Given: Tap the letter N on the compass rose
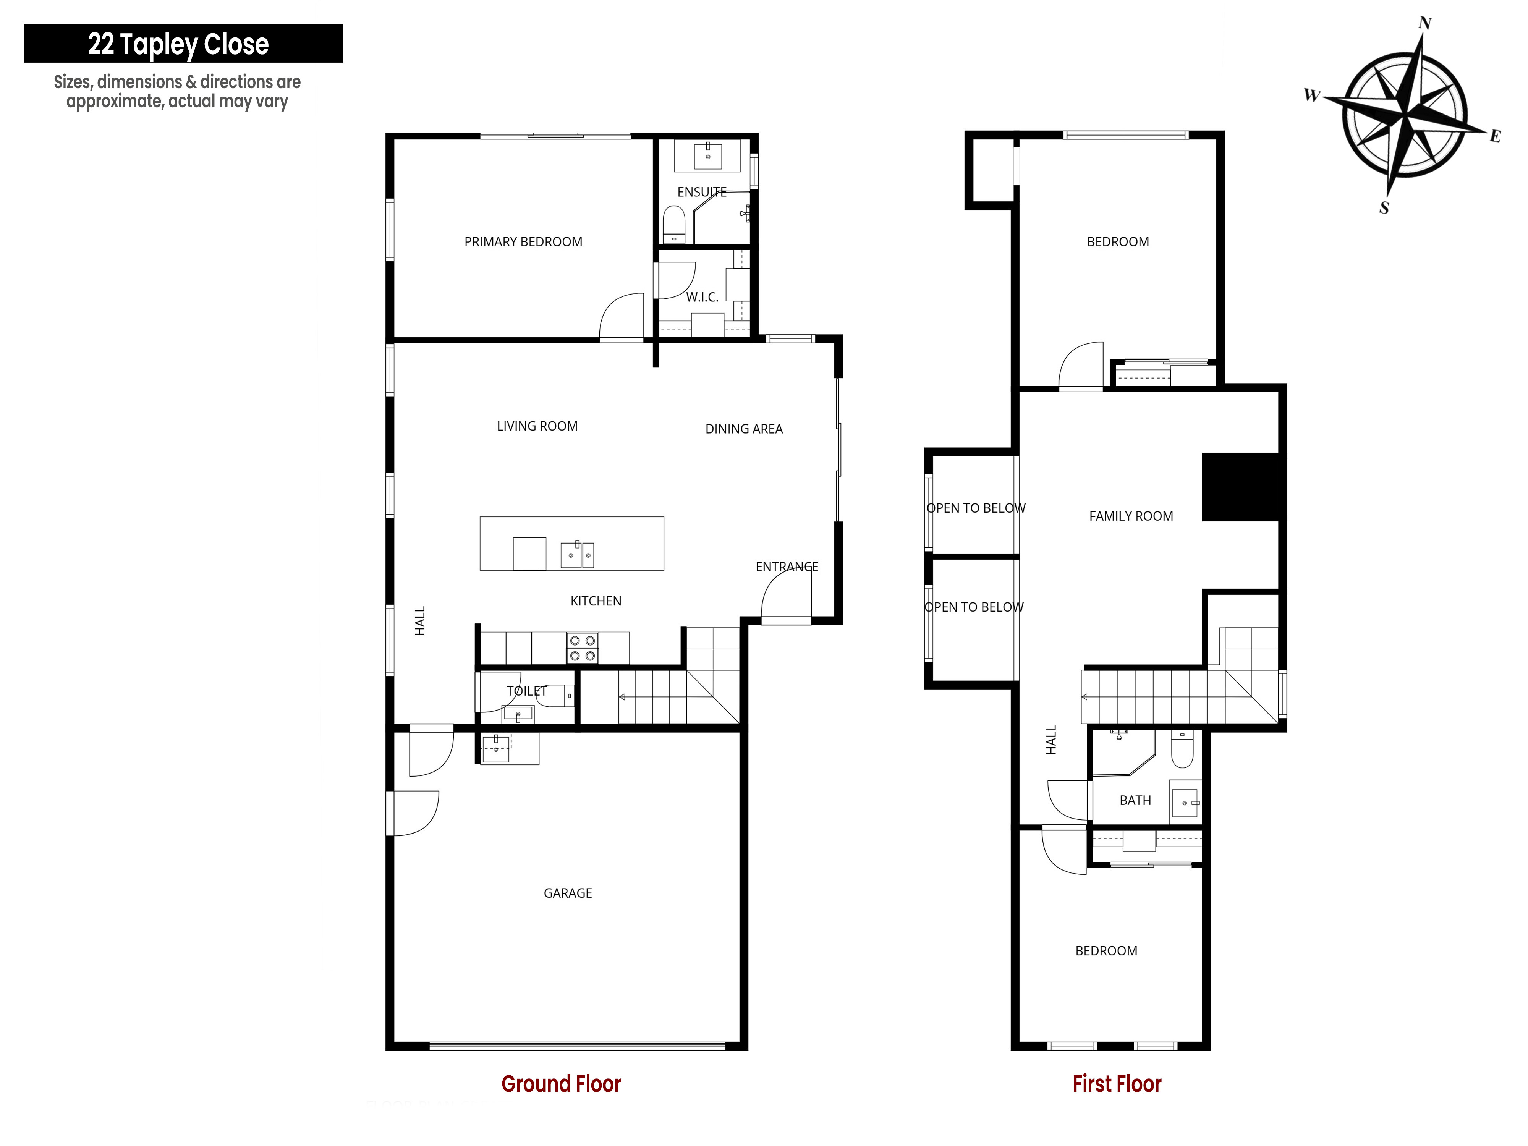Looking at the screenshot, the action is [1425, 23].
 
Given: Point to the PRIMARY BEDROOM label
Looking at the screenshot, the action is [523, 242].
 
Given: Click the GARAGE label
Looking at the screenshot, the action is [568, 893].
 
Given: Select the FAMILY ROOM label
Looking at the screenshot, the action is [1131, 516].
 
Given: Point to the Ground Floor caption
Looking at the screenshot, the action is [561, 1084].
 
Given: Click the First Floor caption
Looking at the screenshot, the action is [1117, 1084].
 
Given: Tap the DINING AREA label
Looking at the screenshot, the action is [744, 429].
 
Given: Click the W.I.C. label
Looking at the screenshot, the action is [702, 297].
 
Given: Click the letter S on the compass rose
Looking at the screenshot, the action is [1384, 207].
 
